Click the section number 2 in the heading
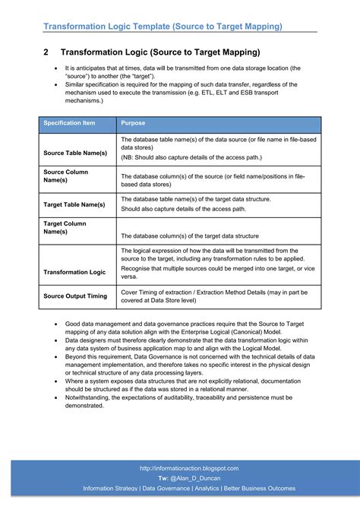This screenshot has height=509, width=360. click(x=46, y=52)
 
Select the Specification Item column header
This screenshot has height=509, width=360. click(x=69, y=123)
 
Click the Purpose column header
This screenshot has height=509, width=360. click(x=133, y=123)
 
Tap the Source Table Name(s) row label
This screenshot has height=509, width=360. click(x=75, y=153)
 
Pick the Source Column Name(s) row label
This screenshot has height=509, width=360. click(x=66, y=176)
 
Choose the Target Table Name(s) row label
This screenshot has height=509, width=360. click(x=74, y=204)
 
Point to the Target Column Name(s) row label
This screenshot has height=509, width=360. click(x=65, y=228)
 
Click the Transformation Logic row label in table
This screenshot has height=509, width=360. click(x=74, y=271)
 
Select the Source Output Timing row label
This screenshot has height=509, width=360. click(x=75, y=296)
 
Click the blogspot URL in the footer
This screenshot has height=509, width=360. click(x=189, y=469)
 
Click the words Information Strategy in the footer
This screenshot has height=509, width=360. click(x=110, y=488)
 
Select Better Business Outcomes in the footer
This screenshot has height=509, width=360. click(x=259, y=488)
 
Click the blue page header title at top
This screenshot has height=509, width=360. click(x=163, y=27)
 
